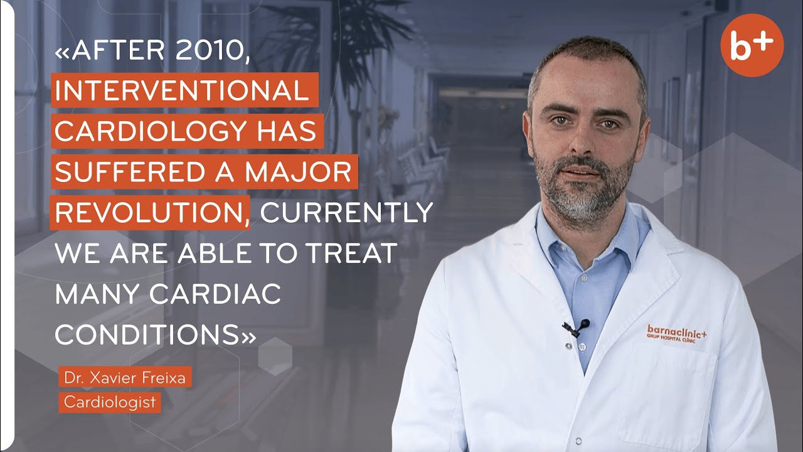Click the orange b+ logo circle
point(752,45)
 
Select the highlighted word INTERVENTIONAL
point(182,92)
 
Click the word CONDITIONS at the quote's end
point(147,334)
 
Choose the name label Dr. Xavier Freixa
point(125,379)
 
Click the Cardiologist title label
point(110,402)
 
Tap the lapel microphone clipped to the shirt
point(576,327)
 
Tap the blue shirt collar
point(618,242)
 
